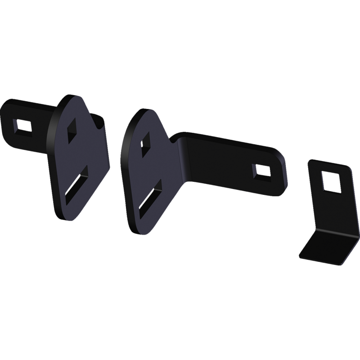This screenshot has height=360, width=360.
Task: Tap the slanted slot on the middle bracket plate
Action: point(150,196)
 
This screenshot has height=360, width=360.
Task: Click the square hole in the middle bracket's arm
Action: point(260,171)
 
